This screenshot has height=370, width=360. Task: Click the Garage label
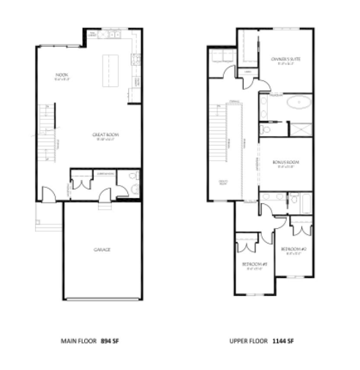click(x=102, y=250)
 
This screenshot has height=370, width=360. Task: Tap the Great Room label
click(x=102, y=135)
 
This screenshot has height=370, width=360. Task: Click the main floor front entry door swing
click(x=47, y=196)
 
